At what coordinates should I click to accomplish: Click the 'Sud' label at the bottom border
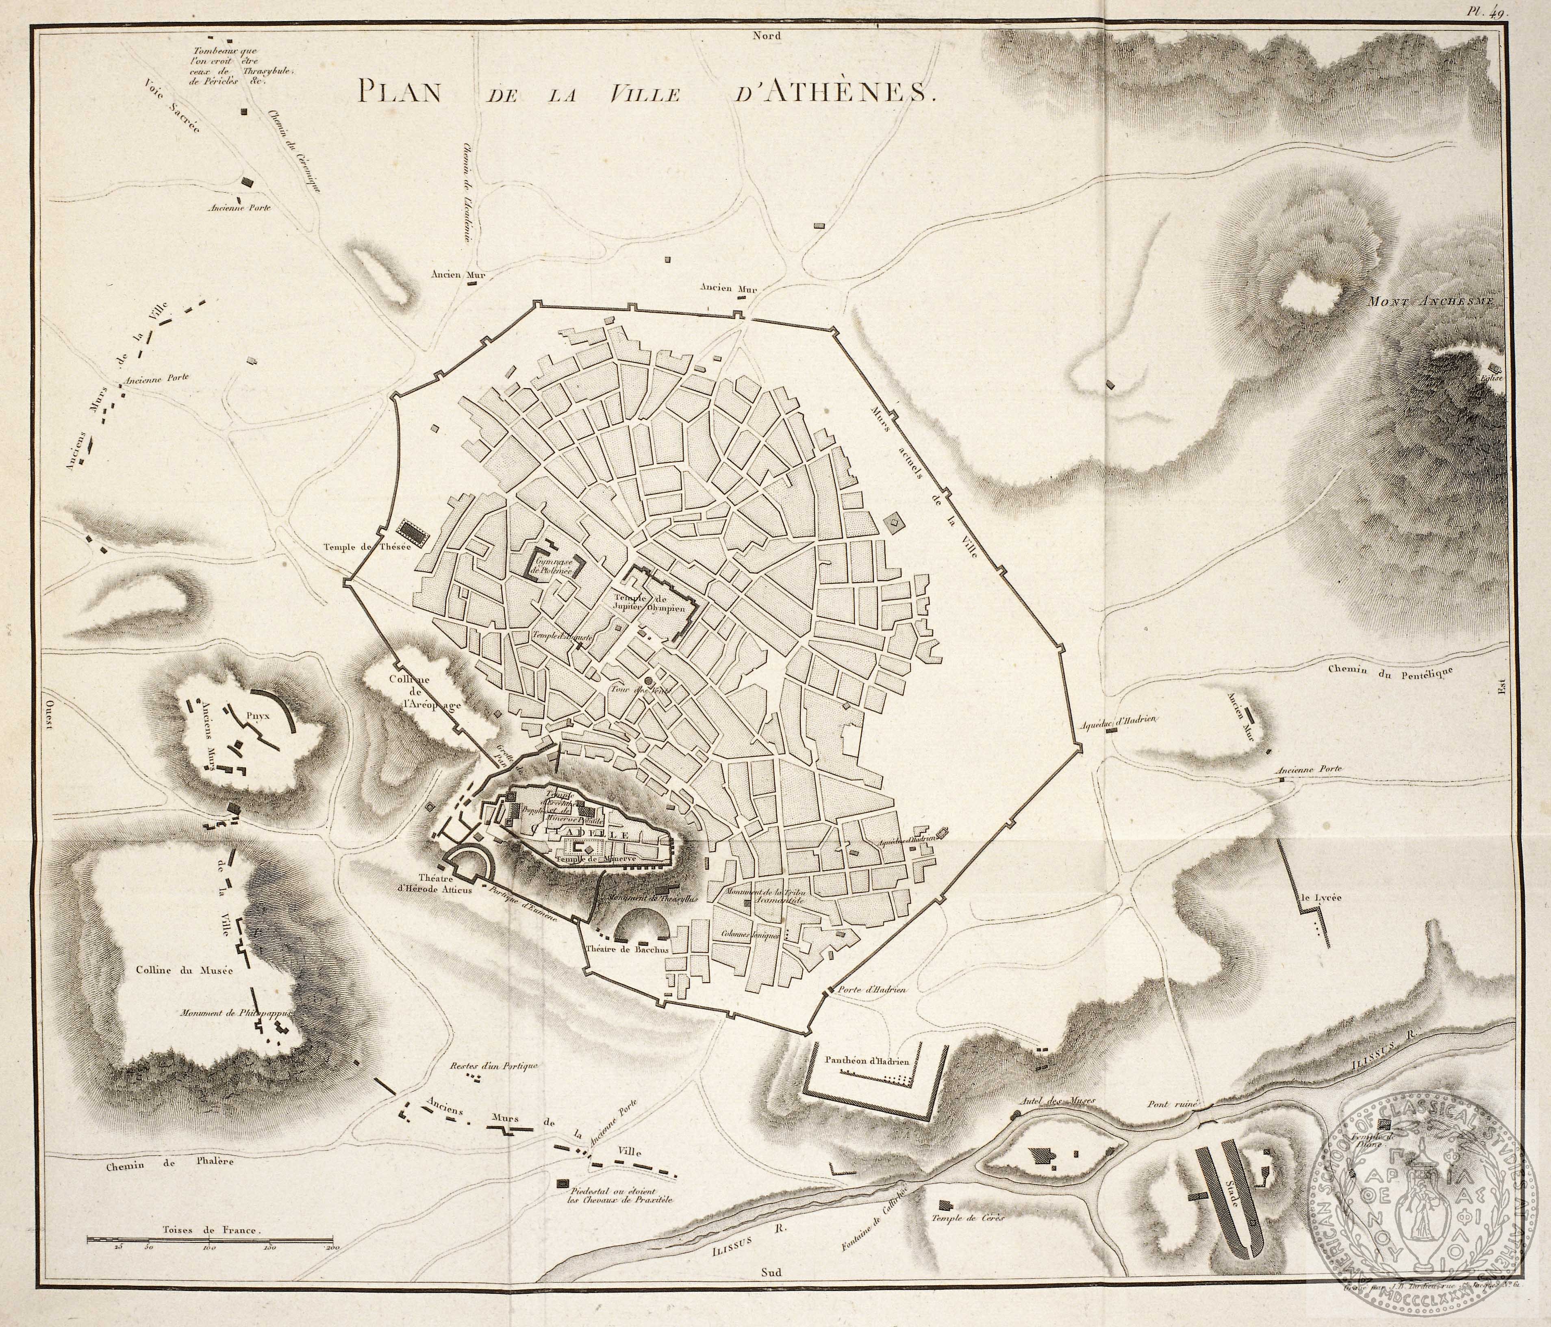(770, 1270)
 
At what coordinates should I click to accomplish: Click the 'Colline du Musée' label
(185, 970)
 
